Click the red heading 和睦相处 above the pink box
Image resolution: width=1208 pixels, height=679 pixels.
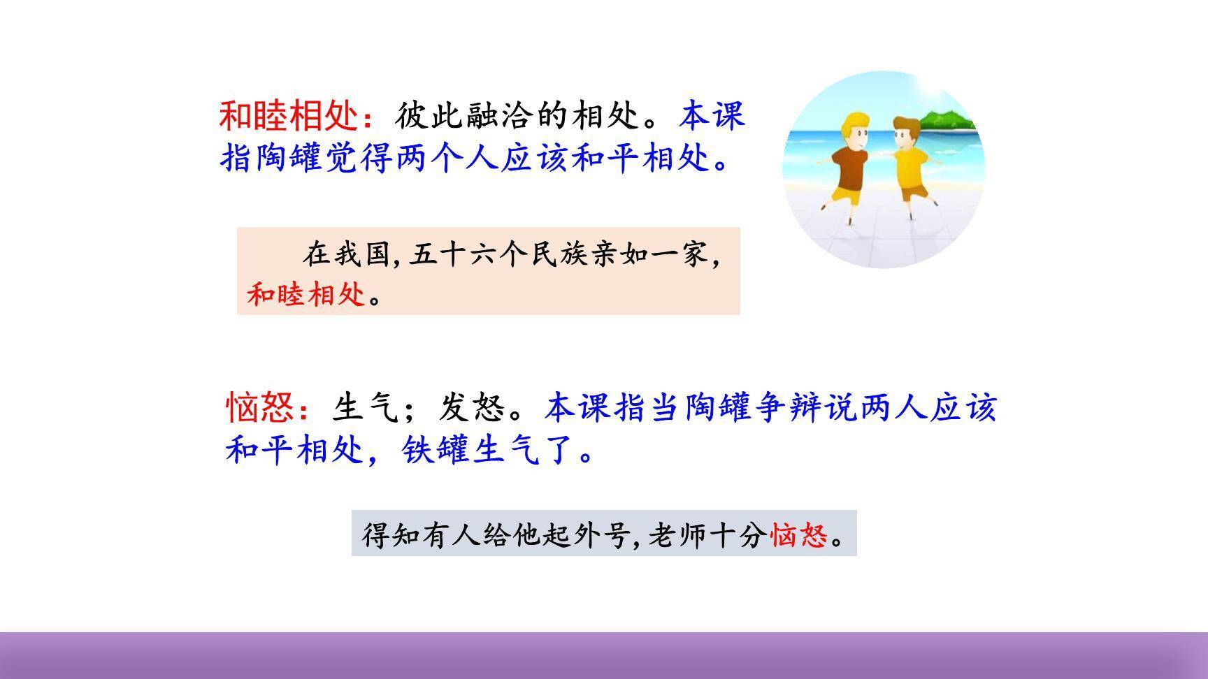288,116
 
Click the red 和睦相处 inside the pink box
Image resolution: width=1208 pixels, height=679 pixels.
306,295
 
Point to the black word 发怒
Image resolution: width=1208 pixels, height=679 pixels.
473,408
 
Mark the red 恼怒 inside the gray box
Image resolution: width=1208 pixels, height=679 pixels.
798,536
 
